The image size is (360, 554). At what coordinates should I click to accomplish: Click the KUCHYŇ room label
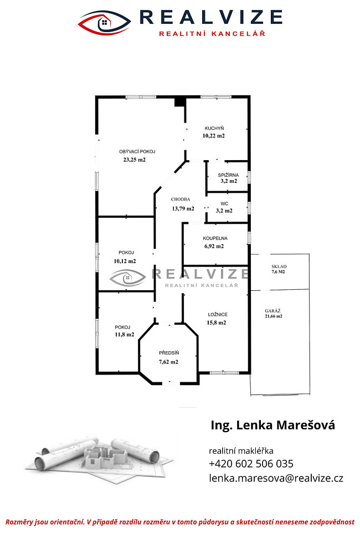(x=214, y=129)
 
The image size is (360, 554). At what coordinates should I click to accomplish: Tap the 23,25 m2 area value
(x=134, y=160)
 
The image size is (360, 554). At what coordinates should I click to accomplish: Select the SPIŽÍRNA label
(x=228, y=175)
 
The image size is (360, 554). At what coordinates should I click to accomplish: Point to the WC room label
(x=224, y=203)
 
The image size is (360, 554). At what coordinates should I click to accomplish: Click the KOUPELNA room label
(x=215, y=238)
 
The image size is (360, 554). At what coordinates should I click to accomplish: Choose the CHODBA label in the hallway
(x=181, y=199)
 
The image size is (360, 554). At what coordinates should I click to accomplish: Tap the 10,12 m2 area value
(x=125, y=261)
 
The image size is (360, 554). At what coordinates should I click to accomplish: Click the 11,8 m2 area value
(x=125, y=335)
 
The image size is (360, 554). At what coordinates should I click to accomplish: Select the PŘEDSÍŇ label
(x=169, y=352)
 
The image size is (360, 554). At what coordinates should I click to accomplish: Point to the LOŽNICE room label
(x=218, y=315)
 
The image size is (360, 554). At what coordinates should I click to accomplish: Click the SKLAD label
(x=279, y=266)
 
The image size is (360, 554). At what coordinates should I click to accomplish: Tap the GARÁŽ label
(x=272, y=311)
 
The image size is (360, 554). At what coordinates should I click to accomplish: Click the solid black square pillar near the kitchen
(x=180, y=101)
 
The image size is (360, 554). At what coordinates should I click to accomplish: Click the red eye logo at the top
(x=105, y=23)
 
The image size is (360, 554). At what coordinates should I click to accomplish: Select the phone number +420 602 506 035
(x=251, y=464)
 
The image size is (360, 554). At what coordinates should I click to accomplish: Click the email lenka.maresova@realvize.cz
(x=276, y=478)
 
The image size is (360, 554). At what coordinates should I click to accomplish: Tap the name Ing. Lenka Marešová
(x=272, y=425)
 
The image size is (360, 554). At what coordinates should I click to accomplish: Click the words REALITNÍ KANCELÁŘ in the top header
(x=212, y=34)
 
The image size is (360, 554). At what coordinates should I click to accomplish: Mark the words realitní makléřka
(x=241, y=451)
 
